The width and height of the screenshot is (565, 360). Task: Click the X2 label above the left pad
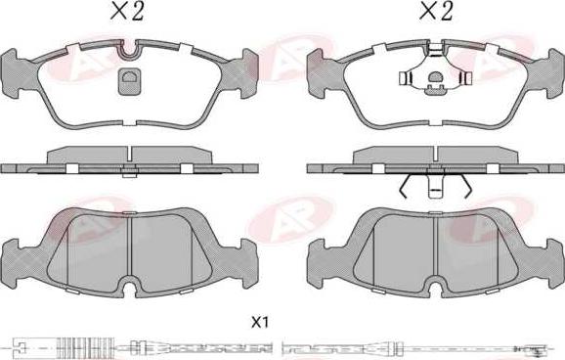(127, 11)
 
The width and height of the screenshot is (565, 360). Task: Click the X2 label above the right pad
(436, 11)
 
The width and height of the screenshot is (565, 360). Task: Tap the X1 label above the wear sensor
(260, 322)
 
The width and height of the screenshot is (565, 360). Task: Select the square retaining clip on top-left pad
(129, 82)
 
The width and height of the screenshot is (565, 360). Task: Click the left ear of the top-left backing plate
(10, 73)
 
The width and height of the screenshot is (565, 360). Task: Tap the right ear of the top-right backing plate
(555, 73)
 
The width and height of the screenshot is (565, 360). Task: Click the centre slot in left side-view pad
(129, 154)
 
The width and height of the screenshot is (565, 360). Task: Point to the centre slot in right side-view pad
(435, 154)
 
